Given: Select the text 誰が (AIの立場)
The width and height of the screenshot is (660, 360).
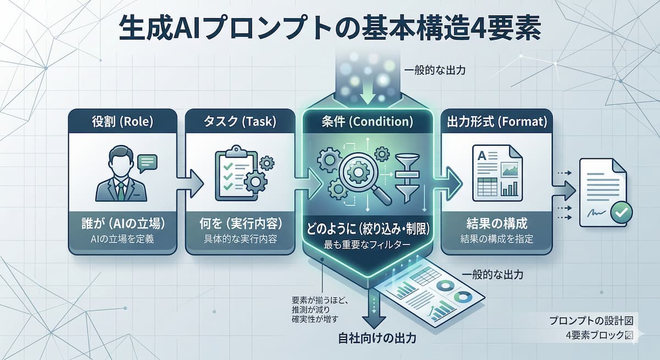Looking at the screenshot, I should tap(122, 224).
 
